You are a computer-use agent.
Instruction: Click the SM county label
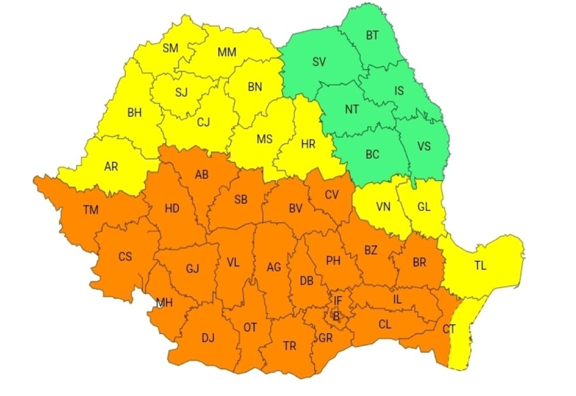pyautogui.click(x=170, y=48)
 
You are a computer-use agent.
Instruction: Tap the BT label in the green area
pyautogui.click(x=372, y=35)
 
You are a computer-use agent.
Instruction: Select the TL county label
pyautogui.click(x=480, y=266)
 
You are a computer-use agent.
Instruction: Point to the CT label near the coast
pyautogui.click(x=450, y=329)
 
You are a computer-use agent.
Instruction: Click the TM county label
pyautogui.click(x=90, y=210)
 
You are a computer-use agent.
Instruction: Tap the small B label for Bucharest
pyautogui.click(x=335, y=315)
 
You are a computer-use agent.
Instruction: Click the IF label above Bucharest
pyautogui.click(x=338, y=300)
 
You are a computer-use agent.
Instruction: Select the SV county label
pyautogui.click(x=319, y=62)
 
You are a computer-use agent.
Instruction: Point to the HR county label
pyautogui.click(x=308, y=144)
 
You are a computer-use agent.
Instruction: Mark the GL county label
pyautogui.click(x=423, y=207)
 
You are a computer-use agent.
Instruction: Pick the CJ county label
pyautogui.click(x=203, y=121)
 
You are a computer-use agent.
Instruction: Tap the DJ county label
pyautogui.click(x=208, y=338)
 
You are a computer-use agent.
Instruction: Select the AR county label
pyautogui.click(x=111, y=166)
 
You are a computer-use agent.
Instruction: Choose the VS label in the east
pyautogui.click(x=423, y=146)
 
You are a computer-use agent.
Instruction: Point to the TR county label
pyautogui.click(x=290, y=346)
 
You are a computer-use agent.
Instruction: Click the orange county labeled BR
pyautogui.click(x=419, y=262)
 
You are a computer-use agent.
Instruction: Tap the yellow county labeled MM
pyautogui.click(x=227, y=52)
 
